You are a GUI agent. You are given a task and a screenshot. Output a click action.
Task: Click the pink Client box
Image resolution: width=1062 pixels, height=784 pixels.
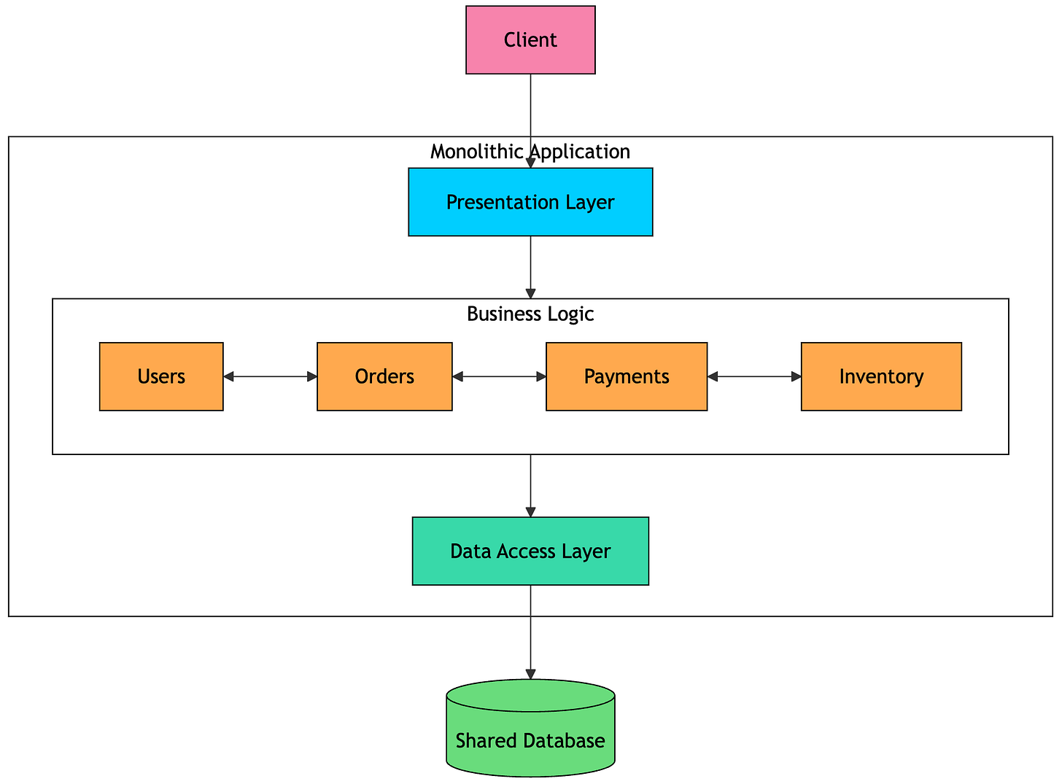pyautogui.click(x=530, y=40)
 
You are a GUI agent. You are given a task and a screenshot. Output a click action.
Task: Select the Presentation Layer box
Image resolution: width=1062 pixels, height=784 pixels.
pyautogui.click(x=530, y=202)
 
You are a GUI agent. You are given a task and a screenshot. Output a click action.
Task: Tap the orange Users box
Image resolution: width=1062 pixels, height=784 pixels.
pyautogui.click(x=161, y=376)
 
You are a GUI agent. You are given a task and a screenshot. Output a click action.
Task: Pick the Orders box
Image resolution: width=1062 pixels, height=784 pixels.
pyautogui.click(x=384, y=376)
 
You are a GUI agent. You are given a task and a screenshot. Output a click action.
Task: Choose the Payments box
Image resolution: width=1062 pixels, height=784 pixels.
pyautogui.click(x=627, y=376)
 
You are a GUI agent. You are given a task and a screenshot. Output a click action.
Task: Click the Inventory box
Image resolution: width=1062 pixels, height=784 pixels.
pyautogui.click(x=882, y=376)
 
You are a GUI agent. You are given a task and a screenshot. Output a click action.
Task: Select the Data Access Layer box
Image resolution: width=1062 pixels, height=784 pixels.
pyautogui.click(x=530, y=551)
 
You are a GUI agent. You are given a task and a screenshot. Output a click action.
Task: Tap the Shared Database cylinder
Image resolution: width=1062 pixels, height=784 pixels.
pyautogui.click(x=530, y=728)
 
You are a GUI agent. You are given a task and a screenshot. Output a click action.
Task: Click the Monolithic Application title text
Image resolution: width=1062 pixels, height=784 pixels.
pyautogui.click(x=530, y=152)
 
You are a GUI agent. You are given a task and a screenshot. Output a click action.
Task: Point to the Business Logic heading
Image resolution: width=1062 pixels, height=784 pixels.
pyautogui.click(x=530, y=314)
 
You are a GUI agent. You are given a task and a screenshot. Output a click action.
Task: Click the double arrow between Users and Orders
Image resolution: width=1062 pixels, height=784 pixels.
pyautogui.click(x=270, y=377)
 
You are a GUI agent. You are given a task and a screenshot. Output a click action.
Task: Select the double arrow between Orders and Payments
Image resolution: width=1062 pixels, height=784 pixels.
pyautogui.click(x=500, y=377)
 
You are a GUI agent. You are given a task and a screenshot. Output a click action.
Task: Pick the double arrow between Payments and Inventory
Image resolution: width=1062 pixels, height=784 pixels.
pyautogui.click(x=755, y=377)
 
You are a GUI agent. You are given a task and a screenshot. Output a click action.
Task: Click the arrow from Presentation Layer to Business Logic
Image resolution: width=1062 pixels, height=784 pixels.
pyautogui.click(x=530, y=267)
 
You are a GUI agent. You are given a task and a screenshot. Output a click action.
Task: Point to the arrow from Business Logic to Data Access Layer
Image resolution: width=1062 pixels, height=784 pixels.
pyautogui.click(x=530, y=486)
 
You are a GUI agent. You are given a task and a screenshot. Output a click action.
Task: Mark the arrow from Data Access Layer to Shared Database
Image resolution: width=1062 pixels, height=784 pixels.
pyautogui.click(x=530, y=632)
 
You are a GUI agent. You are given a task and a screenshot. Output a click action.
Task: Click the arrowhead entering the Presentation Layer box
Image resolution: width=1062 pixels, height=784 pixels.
pyautogui.click(x=530, y=163)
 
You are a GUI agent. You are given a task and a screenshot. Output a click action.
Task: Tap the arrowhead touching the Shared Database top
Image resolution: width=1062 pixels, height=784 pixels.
pyautogui.click(x=530, y=675)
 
